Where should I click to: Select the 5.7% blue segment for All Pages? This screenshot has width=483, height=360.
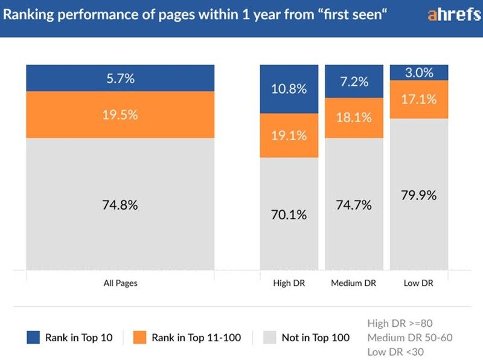coord(120,78)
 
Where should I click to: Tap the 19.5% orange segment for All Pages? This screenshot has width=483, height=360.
coord(120,115)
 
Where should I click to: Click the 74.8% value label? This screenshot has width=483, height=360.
coord(120,205)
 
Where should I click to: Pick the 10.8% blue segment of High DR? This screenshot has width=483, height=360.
coord(289,89)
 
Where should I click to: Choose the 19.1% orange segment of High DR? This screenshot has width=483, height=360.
coord(289,135)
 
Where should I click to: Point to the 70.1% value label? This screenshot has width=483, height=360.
coord(289,214)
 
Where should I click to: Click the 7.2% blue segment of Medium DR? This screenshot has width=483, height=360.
coord(354,82)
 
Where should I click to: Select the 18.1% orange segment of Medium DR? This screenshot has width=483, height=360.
coord(354,118)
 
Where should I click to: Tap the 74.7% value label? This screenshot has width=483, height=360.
coord(354,205)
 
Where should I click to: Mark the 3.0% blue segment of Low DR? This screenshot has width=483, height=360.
coord(419,72)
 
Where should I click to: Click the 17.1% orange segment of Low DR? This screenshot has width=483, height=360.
coord(419,99)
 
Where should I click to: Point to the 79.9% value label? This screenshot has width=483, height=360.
coord(419,195)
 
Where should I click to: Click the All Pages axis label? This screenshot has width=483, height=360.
coord(120,283)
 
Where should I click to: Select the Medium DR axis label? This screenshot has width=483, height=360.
coord(354,283)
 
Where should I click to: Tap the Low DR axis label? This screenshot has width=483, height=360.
coord(419,283)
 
